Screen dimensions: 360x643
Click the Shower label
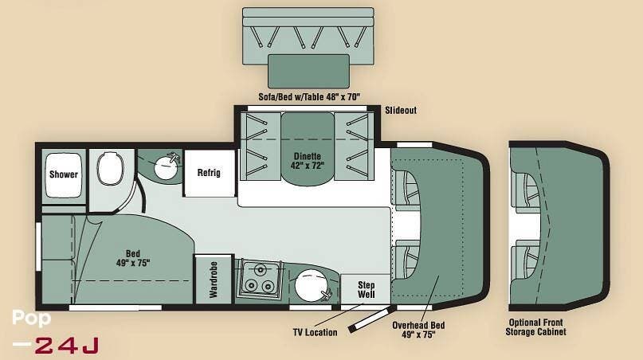[63, 174]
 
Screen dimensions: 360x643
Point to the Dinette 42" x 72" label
[307, 159]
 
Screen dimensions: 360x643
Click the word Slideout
[401, 111]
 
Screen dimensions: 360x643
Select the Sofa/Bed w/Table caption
[309, 96]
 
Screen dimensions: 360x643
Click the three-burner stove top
[257, 279]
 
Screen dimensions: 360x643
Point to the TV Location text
[315, 332]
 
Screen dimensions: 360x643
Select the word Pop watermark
[32, 319]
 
